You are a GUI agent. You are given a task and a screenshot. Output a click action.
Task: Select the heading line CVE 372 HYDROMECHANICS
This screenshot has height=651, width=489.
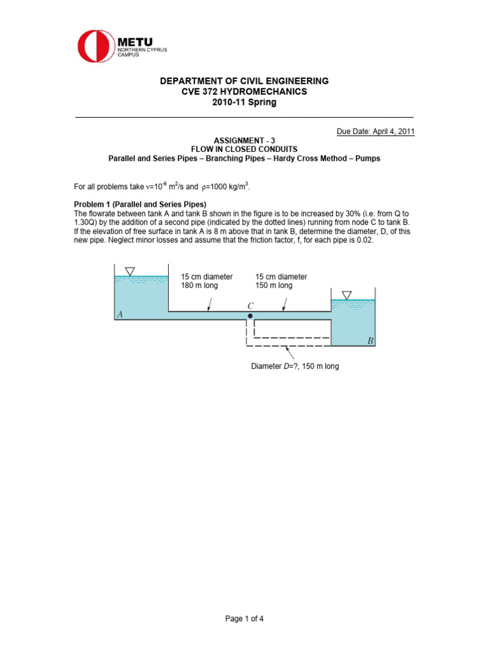click(244, 92)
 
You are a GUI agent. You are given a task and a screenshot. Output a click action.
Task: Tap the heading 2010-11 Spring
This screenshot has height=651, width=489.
click(244, 102)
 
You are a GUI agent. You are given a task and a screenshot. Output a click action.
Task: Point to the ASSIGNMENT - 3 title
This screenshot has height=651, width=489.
click(244, 139)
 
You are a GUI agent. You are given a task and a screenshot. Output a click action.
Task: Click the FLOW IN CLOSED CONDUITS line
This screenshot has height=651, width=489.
click(244, 149)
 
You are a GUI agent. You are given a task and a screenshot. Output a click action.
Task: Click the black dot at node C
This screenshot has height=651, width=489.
click(250, 316)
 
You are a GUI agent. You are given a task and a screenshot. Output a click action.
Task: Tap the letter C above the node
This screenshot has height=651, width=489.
click(250, 306)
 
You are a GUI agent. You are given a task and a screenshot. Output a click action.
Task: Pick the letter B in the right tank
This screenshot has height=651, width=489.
click(370, 341)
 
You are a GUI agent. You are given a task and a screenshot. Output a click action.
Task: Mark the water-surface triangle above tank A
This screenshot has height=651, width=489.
click(130, 271)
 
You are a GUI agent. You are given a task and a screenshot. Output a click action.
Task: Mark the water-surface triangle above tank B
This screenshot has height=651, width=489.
click(346, 295)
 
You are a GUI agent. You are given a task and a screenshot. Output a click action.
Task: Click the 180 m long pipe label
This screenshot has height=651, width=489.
click(199, 285)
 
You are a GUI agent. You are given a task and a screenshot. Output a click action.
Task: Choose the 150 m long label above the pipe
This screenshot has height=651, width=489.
click(274, 285)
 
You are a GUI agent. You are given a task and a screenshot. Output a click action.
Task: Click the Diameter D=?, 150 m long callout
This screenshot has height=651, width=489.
click(295, 366)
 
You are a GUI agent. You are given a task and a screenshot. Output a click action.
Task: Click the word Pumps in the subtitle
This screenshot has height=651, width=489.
click(367, 158)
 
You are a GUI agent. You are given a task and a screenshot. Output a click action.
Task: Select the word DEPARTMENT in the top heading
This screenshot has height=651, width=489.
click(190, 81)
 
